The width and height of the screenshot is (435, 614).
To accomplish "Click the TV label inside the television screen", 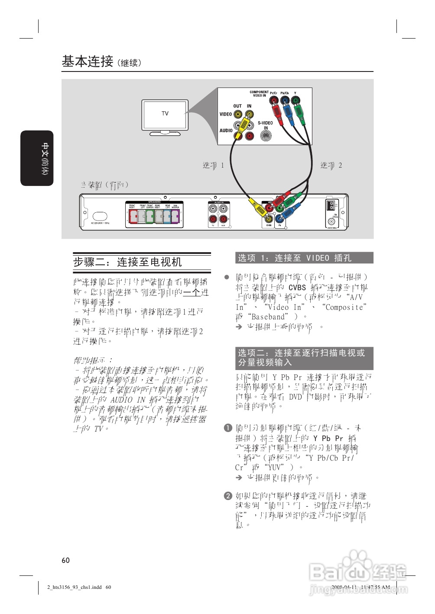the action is coord(165,114).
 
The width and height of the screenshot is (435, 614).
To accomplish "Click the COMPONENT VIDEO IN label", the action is coord(259,94).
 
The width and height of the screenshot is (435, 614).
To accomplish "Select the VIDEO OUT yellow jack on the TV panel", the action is coord(237,114).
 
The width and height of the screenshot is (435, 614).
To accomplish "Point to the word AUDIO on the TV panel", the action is coord(226,130).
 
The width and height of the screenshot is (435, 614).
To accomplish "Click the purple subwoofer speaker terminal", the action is coord(175,216).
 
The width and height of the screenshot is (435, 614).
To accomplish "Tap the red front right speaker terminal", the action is coord(133,216).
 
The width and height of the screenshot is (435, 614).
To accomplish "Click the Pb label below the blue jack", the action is coord(280,225).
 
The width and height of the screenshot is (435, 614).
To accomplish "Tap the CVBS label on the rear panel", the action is coord(269,225).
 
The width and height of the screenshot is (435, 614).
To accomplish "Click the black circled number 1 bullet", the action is coord(228,428).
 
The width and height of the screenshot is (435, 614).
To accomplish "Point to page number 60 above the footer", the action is coord(65,560).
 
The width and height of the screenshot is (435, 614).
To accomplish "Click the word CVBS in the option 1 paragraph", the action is coord(297,287).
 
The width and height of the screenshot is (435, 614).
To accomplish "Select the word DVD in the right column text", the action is coord(295,397).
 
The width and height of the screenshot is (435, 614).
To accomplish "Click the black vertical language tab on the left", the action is coord(37,158).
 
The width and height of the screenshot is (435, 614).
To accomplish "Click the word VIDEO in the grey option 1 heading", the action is coord(318,258).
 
